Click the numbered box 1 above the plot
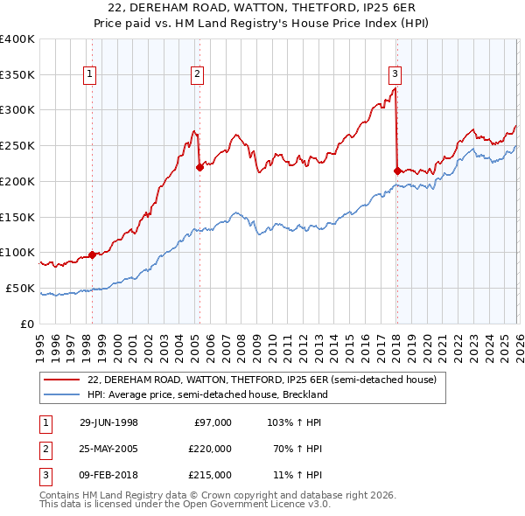click(91, 74)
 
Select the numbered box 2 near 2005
click(198, 74)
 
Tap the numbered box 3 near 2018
click(395, 74)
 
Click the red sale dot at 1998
click(93, 255)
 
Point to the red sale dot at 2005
click(199, 167)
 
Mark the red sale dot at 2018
click(397, 171)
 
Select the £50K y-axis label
click(20, 288)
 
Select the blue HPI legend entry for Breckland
click(206, 394)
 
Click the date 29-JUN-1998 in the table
click(108, 422)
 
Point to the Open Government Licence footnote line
click(185, 505)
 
